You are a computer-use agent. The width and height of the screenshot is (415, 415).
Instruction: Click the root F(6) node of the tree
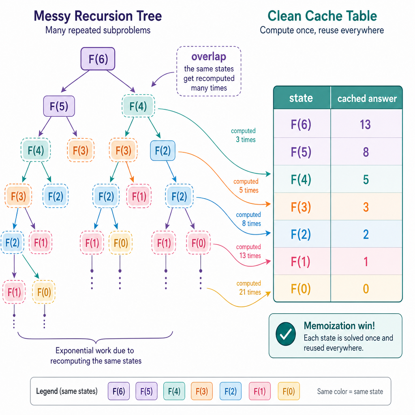coord(98,59)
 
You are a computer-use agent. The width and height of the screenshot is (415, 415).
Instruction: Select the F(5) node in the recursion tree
coord(59,106)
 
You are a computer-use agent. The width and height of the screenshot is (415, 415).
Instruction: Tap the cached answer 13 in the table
coord(365,124)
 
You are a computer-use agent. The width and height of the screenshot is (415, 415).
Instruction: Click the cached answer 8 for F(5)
coord(366,152)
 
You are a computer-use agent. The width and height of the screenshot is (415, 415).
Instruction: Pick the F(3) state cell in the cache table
coord(301,207)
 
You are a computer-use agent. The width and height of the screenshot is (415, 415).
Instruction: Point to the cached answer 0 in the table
coord(366,289)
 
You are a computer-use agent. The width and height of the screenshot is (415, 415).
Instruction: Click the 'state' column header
coord(301,98)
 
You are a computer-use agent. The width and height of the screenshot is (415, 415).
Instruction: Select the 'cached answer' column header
coord(367,98)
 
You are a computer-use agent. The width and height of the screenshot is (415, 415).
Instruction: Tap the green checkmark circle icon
coord(286,334)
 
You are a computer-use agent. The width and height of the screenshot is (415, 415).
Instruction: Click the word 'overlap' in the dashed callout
coord(209,57)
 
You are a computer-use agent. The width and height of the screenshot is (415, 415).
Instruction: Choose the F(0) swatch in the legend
coord(289,391)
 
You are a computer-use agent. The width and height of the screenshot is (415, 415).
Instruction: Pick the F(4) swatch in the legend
coord(174,391)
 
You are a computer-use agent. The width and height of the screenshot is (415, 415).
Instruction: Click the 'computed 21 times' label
coord(249,288)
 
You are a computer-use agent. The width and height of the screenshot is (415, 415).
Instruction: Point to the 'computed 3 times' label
coord(244,135)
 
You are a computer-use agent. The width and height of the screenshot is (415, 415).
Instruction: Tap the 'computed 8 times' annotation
coord(248,219)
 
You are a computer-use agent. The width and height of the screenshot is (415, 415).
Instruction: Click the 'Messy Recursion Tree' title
coord(98,16)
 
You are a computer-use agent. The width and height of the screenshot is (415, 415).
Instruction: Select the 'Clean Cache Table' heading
coord(322,16)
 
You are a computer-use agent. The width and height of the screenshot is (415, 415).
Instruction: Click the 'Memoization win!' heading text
coord(339,325)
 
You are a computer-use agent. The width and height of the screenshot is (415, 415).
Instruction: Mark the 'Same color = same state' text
coord(350,391)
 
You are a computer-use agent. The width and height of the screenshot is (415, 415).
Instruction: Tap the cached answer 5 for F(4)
coord(366,180)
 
